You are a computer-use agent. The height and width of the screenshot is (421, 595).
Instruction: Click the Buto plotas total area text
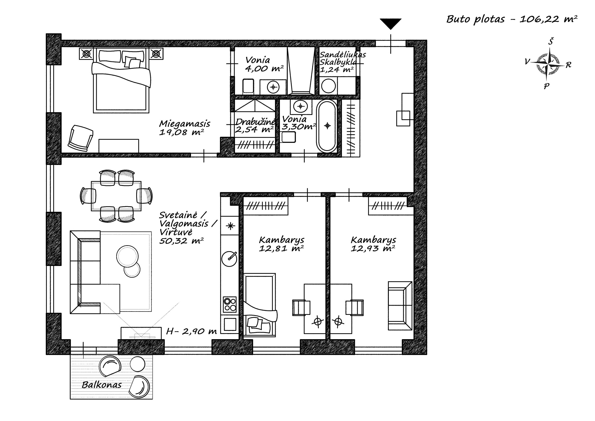click(x=512, y=19)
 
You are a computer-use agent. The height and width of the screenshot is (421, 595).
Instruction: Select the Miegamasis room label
click(x=185, y=124)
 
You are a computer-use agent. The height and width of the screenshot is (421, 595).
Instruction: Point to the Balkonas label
click(x=102, y=385)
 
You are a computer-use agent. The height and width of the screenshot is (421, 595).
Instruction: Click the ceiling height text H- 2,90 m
click(x=192, y=331)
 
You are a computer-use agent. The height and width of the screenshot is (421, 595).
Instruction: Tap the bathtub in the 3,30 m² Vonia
click(x=327, y=126)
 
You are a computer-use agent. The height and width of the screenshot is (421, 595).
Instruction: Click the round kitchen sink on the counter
click(x=229, y=259)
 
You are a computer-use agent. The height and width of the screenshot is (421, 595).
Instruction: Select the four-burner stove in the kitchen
click(x=230, y=304)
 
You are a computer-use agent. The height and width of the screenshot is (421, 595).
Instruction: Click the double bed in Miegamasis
click(x=121, y=80)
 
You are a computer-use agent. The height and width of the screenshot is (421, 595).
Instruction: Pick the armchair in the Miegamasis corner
click(x=81, y=138)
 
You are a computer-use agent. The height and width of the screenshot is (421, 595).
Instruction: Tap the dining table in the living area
click(x=116, y=196)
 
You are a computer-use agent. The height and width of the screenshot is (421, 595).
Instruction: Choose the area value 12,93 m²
click(x=373, y=249)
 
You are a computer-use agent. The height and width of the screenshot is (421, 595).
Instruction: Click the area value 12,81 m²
click(x=281, y=249)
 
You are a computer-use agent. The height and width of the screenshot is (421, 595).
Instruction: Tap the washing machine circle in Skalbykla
click(x=328, y=86)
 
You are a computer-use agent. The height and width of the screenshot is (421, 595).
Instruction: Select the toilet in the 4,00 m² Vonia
click(x=248, y=86)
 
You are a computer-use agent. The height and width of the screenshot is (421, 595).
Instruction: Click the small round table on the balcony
click(x=137, y=364)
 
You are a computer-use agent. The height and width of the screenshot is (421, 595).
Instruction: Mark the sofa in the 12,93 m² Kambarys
click(x=400, y=306)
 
